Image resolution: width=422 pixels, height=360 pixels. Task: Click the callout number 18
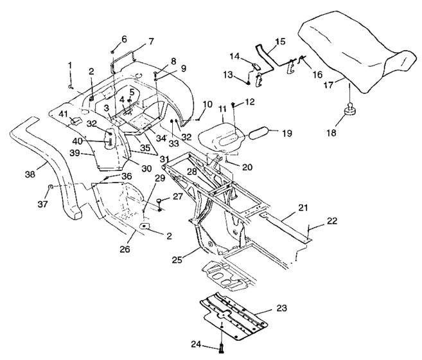[331, 132]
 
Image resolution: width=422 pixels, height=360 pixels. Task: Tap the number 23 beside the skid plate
[281, 308]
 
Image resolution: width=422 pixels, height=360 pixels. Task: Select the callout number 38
[30, 174]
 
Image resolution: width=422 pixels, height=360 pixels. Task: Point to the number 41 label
[63, 114]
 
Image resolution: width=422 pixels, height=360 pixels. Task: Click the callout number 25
[177, 260]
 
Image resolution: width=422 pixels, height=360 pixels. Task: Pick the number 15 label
[280, 42]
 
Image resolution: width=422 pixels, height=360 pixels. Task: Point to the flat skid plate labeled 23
[234, 315]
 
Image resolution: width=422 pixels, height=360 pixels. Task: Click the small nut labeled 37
[50, 186]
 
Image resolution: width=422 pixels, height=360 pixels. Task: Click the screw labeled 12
[233, 105]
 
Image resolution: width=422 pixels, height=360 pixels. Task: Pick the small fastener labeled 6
[113, 51]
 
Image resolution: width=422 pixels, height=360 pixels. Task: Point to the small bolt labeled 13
[249, 82]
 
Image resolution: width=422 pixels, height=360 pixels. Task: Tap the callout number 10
[207, 104]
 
